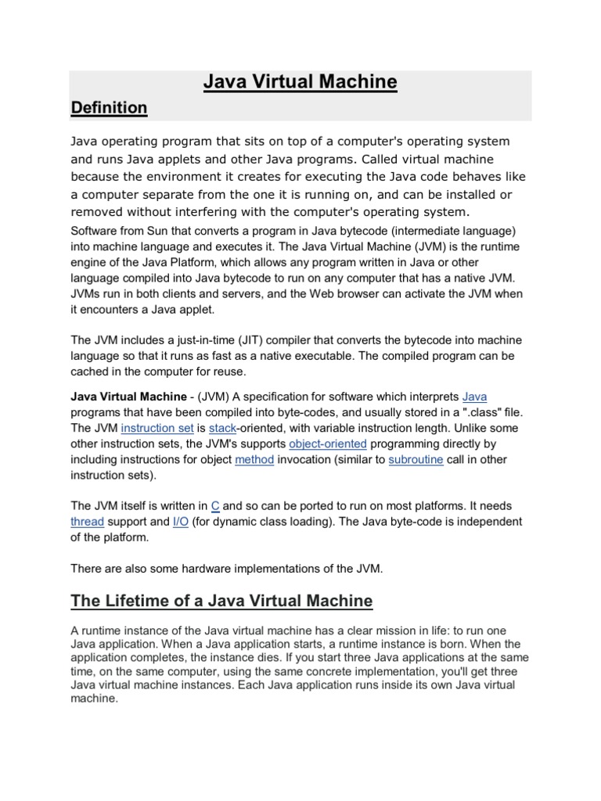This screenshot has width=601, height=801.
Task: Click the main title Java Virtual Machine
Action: [x=300, y=82]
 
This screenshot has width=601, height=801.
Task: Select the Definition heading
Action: [x=109, y=108]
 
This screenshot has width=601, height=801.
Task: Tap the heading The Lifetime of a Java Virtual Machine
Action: [x=221, y=601]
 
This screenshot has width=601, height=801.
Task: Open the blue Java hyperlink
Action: [x=475, y=397]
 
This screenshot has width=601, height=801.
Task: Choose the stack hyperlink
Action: [x=222, y=428]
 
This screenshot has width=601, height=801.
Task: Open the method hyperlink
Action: [x=254, y=459]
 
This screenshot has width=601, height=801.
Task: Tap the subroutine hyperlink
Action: [x=416, y=459]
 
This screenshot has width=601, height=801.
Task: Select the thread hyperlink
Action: [x=88, y=522]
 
